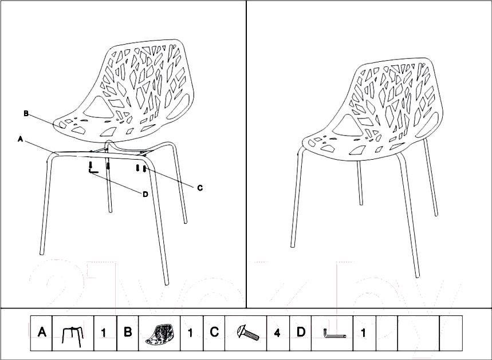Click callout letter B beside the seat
pos(26,113)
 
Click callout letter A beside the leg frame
pos(21,139)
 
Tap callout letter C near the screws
pos(200,188)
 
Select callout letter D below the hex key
pos(145,195)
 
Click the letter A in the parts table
pos(42,332)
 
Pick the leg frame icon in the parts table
pos(73,336)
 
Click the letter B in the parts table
pos(128,332)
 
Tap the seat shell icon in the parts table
pos(159,334)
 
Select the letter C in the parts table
pos(214,332)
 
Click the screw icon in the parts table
pos(248,333)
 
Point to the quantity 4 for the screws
pos(277,333)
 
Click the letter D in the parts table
pos(300,332)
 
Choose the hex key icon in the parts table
pos(334,334)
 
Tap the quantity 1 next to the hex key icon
pos(363,333)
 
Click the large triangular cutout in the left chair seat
pos(98,108)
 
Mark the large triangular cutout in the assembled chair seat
pos(347,126)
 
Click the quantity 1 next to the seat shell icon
pos(190,333)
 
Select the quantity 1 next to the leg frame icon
pos(104,333)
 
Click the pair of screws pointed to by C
pos(141,168)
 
